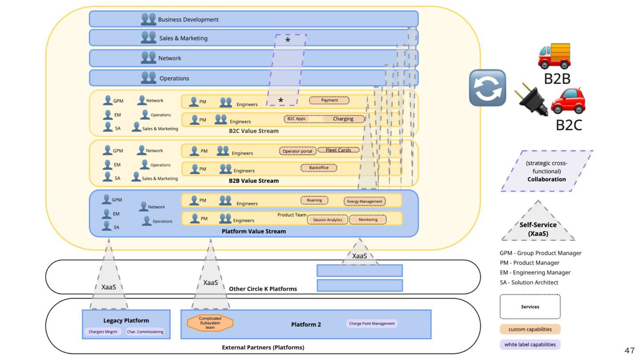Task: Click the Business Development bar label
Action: pos(188,20)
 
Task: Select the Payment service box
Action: pos(329,100)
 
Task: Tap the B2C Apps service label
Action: pos(294,119)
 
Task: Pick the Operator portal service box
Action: pos(297,151)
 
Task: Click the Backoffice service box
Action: pos(319,168)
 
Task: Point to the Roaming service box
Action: pos(314,200)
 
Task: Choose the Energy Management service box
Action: pos(364,201)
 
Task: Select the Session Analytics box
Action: pos(328,220)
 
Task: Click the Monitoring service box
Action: pos(368,220)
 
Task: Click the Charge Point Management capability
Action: pos(372,324)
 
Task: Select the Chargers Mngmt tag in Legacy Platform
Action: pos(102,332)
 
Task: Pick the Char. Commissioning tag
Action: pos(145,332)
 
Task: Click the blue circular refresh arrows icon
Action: pos(488,88)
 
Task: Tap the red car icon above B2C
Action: pos(568,101)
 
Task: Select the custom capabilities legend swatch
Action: pos(530,329)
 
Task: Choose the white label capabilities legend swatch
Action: pos(530,344)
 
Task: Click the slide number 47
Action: pos(629,351)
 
